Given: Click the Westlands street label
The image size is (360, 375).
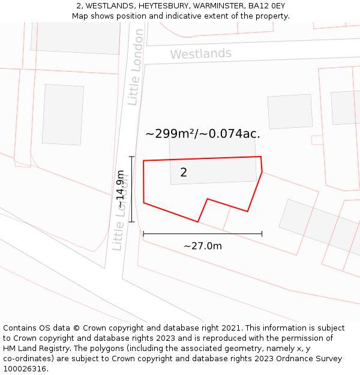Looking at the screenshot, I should [x=200, y=54].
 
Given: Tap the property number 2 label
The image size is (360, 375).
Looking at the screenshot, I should [x=184, y=173].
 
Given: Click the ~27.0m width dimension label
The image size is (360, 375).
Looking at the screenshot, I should [x=203, y=246].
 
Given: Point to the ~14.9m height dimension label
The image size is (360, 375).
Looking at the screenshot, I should [x=121, y=189].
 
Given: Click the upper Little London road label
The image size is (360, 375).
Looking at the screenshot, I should [x=136, y=67].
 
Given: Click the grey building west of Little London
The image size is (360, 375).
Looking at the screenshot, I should [x=63, y=115].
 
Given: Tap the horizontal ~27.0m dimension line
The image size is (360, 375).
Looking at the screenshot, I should [x=203, y=233].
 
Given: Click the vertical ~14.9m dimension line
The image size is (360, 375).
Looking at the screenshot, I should [x=131, y=189].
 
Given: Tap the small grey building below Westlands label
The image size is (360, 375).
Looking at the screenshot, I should [x=290, y=111].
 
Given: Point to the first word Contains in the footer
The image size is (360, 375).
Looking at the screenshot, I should [x=21, y=328].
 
